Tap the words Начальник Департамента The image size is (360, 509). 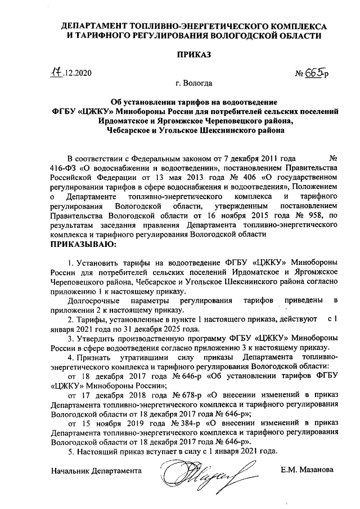pyautogui.click(x=95, y=470)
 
